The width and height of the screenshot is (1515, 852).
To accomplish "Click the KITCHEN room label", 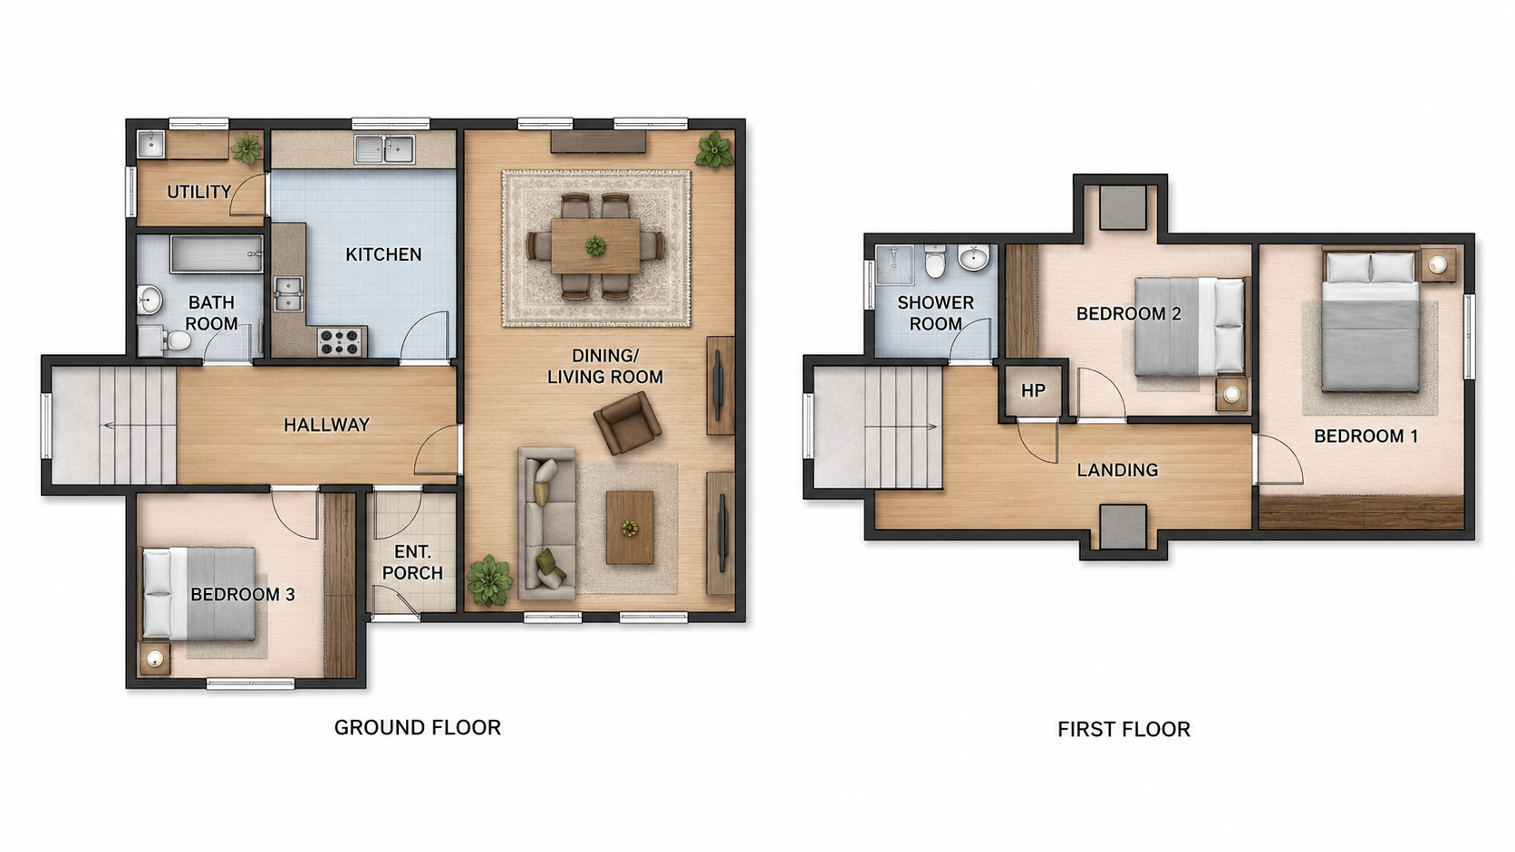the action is [x=383, y=254].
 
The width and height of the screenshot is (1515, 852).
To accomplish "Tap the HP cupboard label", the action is [x=1033, y=390].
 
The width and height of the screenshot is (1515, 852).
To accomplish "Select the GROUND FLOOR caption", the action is [x=418, y=728].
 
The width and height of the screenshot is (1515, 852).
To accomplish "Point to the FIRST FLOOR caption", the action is [x=1124, y=730].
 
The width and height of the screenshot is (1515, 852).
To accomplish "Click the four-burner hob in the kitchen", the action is [x=340, y=341].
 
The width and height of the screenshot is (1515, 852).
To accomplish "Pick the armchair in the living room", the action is [x=628, y=422].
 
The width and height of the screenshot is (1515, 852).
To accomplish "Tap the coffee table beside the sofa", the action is [x=630, y=528].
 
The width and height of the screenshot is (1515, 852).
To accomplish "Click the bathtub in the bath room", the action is [x=217, y=254].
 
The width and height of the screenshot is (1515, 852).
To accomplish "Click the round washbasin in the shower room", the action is [x=973, y=258].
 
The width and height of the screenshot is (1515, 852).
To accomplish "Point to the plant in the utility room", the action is [x=246, y=148].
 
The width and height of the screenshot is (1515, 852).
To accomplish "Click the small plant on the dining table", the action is [x=595, y=245].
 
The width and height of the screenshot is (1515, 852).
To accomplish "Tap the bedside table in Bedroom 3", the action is [x=154, y=658].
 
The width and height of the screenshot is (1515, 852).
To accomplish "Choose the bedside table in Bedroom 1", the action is [x=1437, y=265].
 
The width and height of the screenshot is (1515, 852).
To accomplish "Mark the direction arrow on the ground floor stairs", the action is [x=135, y=426].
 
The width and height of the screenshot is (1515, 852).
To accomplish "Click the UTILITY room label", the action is [x=198, y=192].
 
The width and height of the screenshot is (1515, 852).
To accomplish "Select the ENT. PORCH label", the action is [x=412, y=563].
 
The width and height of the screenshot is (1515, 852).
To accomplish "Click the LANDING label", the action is [x=1117, y=470].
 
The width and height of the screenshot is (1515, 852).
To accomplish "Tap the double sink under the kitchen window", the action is [x=385, y=149].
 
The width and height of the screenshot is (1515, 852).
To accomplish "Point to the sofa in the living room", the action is [x=547, y=523].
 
